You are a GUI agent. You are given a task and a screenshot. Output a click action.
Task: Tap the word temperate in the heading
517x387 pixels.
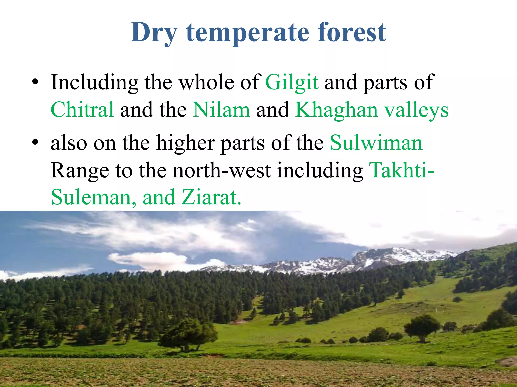click(247, 33)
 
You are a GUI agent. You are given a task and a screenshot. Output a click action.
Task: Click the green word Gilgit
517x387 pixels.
click(292, 83)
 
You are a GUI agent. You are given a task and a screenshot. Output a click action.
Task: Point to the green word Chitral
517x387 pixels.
click(82, 110)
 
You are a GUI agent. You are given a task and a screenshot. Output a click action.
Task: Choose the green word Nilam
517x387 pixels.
click(221, 110)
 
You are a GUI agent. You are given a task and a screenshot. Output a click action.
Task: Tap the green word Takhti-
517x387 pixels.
click(401, 170)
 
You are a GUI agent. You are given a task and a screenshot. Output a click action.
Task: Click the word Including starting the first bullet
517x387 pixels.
click(94, 83)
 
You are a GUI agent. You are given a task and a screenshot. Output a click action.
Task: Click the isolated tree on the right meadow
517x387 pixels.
click(422, 327)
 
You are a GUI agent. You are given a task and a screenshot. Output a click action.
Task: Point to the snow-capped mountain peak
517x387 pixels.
click(394, 253)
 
